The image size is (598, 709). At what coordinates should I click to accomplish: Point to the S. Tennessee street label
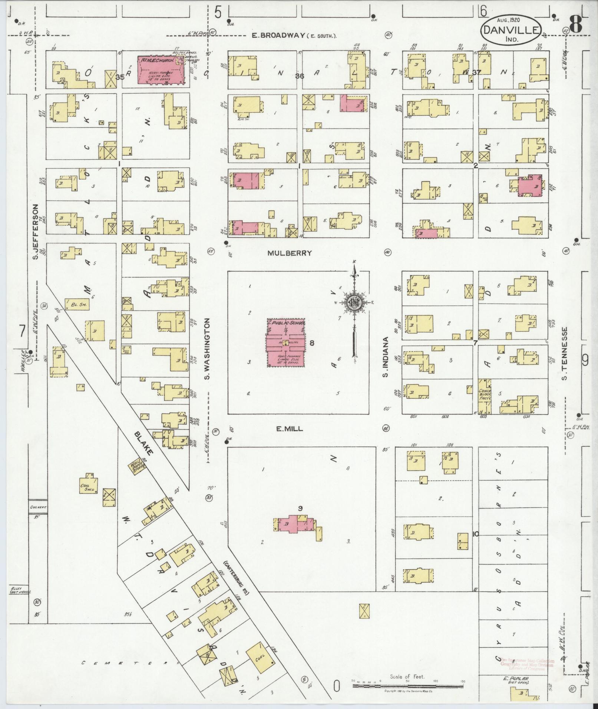point(565,353)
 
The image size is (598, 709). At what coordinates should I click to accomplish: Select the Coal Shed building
point(89,484)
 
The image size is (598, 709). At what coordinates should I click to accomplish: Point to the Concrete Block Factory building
point(485,396)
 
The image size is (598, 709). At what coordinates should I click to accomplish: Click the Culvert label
point(37,506)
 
